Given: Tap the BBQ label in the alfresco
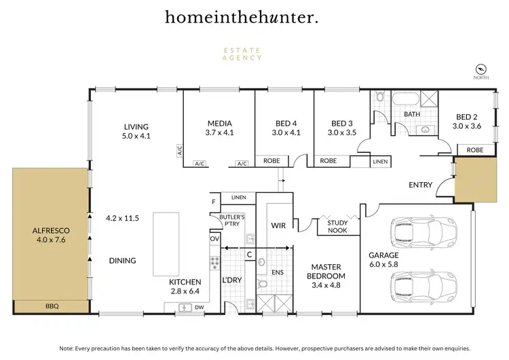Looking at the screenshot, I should (x=52, y=306).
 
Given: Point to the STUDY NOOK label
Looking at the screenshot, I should (x=337, y=226).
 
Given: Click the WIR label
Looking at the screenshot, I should (x=278, y=225).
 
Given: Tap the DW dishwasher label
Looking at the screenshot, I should (x=200, y=307).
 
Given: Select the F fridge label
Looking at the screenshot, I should (x=213, y=202).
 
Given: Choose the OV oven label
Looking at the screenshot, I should (x=214, y=239).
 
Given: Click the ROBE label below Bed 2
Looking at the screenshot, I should (x=474, y=149).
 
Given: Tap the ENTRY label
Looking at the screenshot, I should (x=421, y=185).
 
